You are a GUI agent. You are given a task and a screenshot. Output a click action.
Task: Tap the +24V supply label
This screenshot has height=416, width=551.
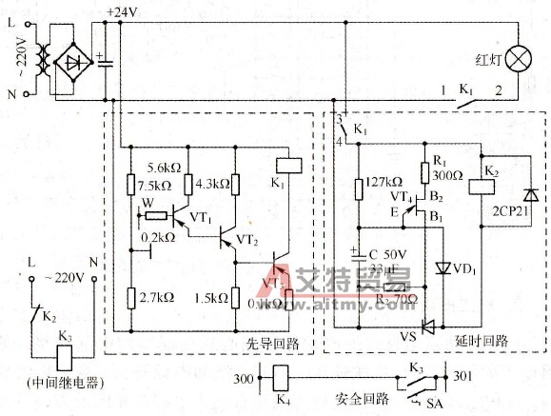(123, 11)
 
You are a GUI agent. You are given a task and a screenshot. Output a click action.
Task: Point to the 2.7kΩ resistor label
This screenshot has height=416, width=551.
(155, 297)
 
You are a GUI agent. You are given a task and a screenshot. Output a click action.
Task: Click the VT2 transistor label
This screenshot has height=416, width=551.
(247, 238)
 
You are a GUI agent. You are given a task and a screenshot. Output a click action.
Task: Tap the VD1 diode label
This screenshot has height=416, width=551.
(466, 268)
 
